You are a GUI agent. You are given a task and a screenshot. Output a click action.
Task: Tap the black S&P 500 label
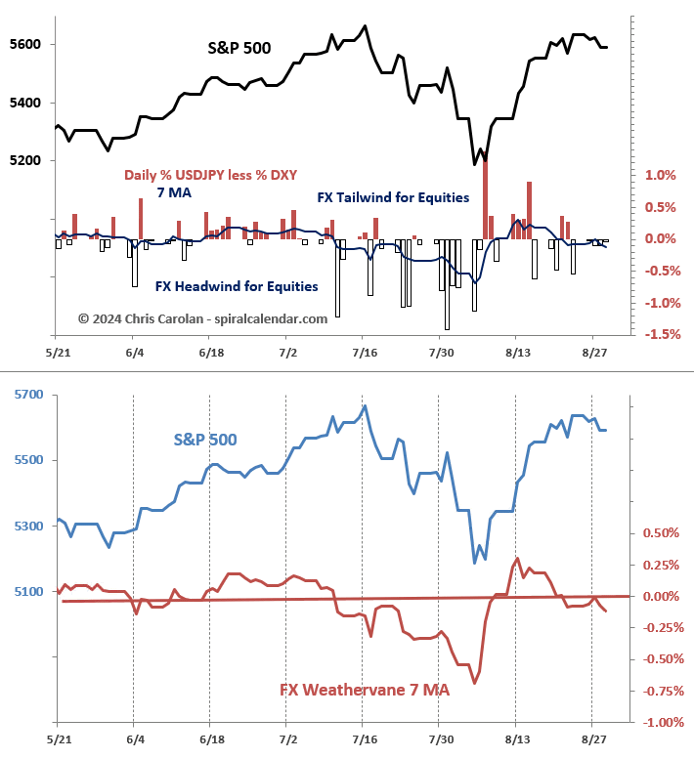(x=239, y=47)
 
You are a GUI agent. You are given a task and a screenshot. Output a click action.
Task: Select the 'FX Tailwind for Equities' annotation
(x=393, y=197)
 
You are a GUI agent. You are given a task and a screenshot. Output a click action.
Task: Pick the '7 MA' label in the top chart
(x=174, y=192)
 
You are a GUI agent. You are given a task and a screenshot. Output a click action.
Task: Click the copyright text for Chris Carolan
(x=202, y=317)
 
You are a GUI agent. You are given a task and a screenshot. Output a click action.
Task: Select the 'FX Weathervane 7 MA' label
(x=365, y=690)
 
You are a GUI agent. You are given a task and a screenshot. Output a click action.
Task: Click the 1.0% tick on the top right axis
(x=661, y=176)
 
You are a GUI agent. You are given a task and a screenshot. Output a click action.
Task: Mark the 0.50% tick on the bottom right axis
(x=662, y=533)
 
